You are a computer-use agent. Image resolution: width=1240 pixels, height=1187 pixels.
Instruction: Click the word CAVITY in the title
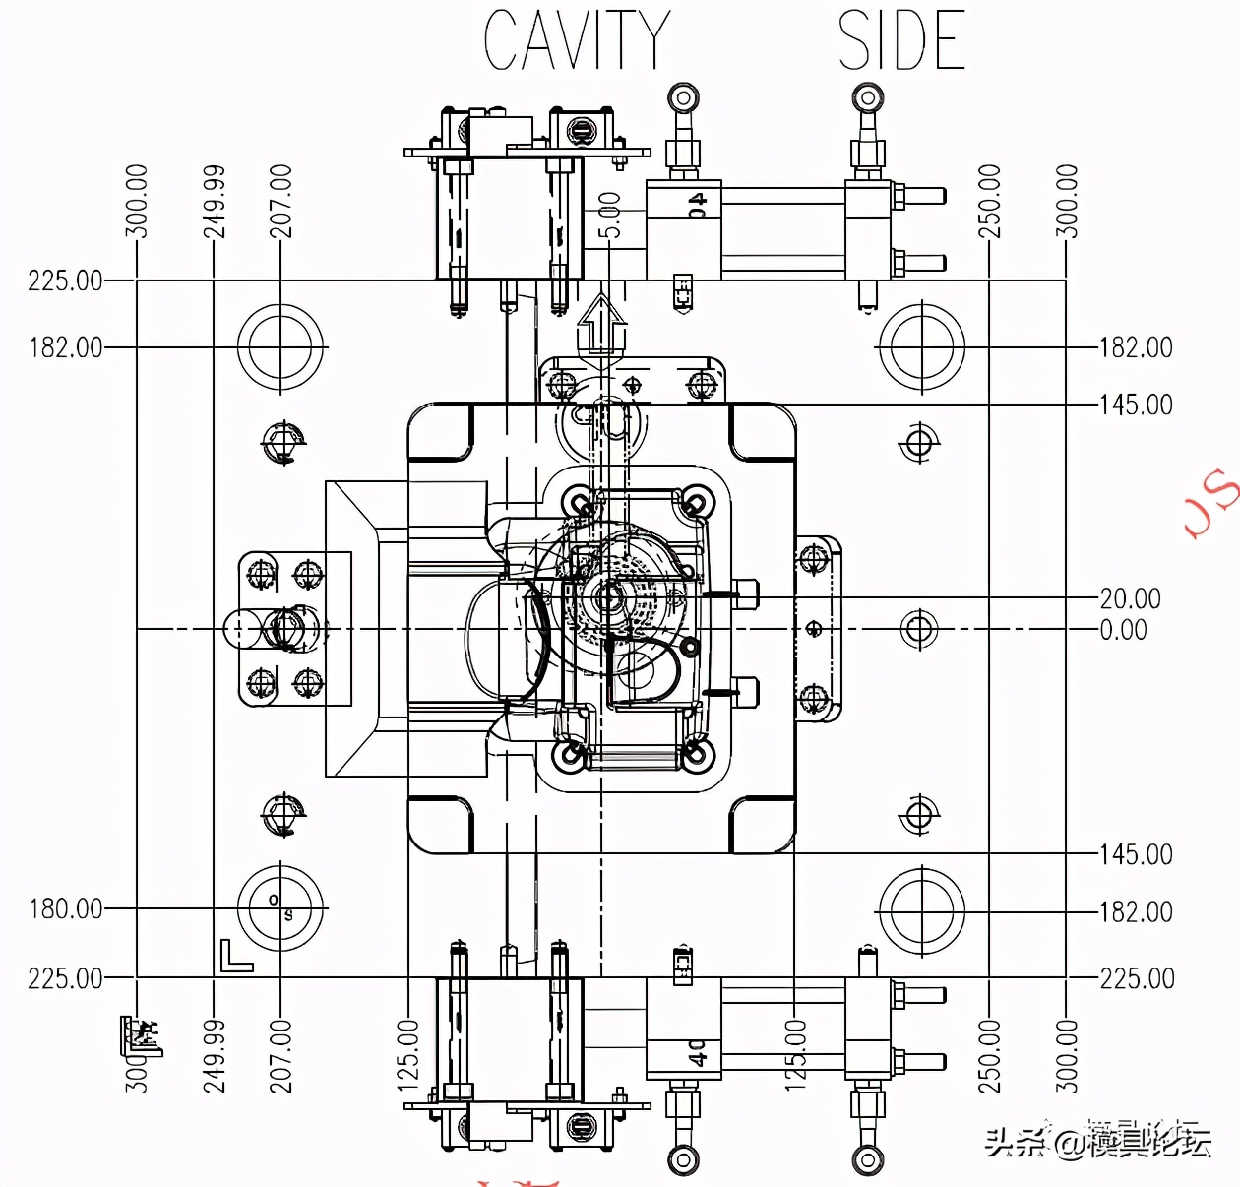point(577,40)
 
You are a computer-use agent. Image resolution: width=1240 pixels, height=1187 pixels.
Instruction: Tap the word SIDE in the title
point(900,40)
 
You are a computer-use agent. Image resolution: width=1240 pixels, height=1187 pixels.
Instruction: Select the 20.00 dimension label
point(1130,598)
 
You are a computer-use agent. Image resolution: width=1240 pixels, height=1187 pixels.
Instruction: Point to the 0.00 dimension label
point(1123,629)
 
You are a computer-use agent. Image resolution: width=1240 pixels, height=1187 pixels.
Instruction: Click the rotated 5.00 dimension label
point(610,215)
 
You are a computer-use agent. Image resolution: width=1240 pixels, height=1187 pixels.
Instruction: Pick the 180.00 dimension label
point(65,908)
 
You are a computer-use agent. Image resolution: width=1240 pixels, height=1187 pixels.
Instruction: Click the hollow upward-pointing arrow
point(601,324)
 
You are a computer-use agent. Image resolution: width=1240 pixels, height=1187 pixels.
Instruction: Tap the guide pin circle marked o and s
point(280,907)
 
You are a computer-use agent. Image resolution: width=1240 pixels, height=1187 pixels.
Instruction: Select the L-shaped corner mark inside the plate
point(234,956)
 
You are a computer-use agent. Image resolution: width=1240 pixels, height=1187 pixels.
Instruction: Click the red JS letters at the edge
point(1210,502)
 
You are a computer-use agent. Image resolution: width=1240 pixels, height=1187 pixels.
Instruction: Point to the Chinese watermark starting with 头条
point(1097,1142)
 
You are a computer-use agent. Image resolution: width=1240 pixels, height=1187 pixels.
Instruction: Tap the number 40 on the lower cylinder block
point(697,1052)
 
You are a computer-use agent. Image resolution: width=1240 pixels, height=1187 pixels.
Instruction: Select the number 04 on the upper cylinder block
point(697,205)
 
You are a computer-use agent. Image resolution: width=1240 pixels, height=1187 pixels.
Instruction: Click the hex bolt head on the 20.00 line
point(746,593)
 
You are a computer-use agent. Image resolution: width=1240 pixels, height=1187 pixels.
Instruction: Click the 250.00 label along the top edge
point(989,201)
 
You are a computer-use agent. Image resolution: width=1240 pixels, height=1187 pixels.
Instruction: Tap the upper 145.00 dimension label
point(1136,405)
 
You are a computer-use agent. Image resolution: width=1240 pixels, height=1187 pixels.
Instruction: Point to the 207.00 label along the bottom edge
point(280,1055)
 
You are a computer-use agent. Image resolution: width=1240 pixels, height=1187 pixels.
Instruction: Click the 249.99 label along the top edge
point(214,201)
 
